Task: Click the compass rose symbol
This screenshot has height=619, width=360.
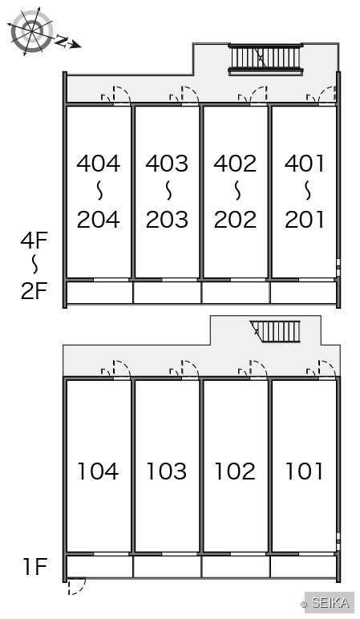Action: pyautogui.click(x=31, y=31)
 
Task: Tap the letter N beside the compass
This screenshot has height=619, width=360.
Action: pyautogui.click(x=61, y=40)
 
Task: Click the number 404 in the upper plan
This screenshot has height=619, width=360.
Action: pyautogui.click(x=99, y=164)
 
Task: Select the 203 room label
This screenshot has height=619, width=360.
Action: pyautogui.click(x=167, y=220)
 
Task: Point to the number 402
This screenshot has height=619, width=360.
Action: pyautogui.click(x=235, y=164)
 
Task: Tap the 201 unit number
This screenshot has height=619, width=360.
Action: pyautogui.click(x=304, y=220)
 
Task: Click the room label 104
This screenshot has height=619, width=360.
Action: pyautogui.click(x=99, y=471)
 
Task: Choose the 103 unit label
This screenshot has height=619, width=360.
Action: pyautogui.click(x=167, y=471)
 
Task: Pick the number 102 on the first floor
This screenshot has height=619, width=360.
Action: pyautogui.click(x=235, y=471)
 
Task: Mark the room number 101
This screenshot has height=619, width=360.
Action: pyautogui.click(x=304, y=471)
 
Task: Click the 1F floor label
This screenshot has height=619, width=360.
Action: pyautogui.click(x=34, y=567)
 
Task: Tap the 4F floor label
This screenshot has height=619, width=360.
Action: pyautogui.click(x=34, y=241)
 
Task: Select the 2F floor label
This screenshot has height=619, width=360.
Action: pyautogui.click(x=34, y=290)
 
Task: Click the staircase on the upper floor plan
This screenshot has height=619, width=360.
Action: pyautogui.click(x=265, y=59)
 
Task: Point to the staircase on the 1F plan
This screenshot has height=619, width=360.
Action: pyautogui.click(x=276, y=332)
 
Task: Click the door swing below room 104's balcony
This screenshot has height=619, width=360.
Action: pyautogui.click(x=76, y=586)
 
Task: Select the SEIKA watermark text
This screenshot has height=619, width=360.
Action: pyautogui.click(x=330, y=602)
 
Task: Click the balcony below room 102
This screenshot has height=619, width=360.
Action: pyautogui.click(x=235, y=567)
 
